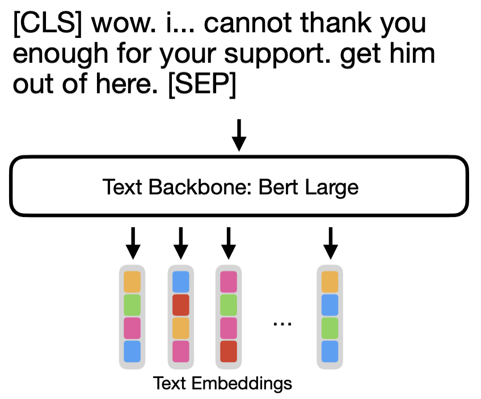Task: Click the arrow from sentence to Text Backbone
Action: click(239, 135)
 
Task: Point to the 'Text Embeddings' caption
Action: click(222, 384)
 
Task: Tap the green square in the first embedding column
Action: click(132, 305)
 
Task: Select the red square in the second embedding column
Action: click(180, 305)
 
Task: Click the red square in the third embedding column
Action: click(228, 351)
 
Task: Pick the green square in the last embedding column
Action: click(330, 328)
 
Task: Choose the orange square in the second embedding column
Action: click(180, 328)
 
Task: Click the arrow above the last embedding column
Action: click(330, 243)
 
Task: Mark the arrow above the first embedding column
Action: click(132, 243)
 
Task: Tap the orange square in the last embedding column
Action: click(330, 282)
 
